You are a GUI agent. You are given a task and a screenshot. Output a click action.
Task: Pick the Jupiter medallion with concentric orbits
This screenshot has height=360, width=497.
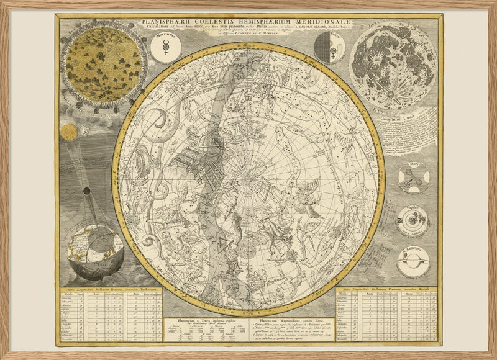coord(413,221)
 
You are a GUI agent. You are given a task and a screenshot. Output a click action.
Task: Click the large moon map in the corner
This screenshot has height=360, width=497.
coord(393,66)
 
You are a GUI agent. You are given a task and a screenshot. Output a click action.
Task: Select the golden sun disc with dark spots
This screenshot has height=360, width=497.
coord(103,65)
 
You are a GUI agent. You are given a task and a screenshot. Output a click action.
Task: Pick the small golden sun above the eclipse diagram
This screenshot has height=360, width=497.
coord(68,132)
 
